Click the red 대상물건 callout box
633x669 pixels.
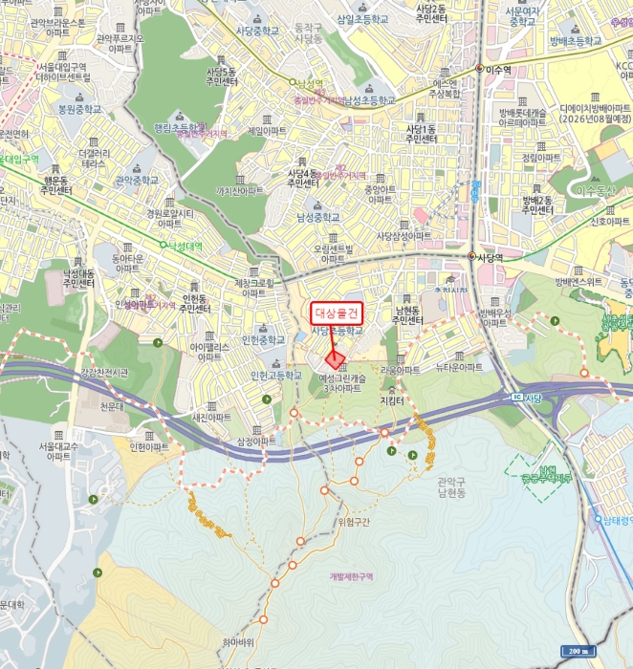tap(337, 313)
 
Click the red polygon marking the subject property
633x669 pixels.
tap(336, 359)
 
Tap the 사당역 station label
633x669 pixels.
tap(491, 257)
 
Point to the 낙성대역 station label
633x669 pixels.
tap(189, 246)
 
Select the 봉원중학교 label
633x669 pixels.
tap(79, 109)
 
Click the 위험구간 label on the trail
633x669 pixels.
tap(354, 522)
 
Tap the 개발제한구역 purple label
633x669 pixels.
tap(351, 576)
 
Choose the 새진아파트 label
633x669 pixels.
tap(211, 417)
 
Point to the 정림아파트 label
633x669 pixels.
tap(542, 158)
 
